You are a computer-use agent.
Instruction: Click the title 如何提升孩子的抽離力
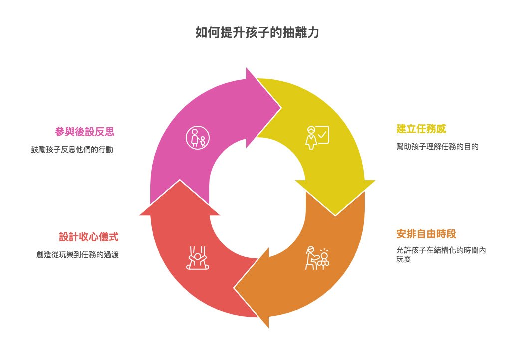257,33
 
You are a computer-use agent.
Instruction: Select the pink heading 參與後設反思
85,132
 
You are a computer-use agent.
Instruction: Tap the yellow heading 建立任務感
421,129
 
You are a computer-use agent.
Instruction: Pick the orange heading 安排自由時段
426,234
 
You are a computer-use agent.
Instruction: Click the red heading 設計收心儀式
89,237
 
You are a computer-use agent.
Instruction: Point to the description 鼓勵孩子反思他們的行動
72,150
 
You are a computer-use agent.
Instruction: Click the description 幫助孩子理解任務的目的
437,147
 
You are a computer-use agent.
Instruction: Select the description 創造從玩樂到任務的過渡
77,255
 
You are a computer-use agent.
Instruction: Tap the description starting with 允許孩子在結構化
441,255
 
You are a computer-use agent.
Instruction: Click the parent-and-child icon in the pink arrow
198,137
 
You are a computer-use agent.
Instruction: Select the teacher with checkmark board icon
317,137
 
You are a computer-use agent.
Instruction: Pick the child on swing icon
198,258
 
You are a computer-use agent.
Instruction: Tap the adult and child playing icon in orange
317,258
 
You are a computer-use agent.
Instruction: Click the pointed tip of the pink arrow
281,107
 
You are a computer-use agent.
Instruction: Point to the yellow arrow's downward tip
335,215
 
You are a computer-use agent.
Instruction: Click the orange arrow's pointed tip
234,288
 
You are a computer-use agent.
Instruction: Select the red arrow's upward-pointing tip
180,180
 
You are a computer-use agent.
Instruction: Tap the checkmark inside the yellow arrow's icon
322,134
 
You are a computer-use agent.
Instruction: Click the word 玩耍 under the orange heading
404,259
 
